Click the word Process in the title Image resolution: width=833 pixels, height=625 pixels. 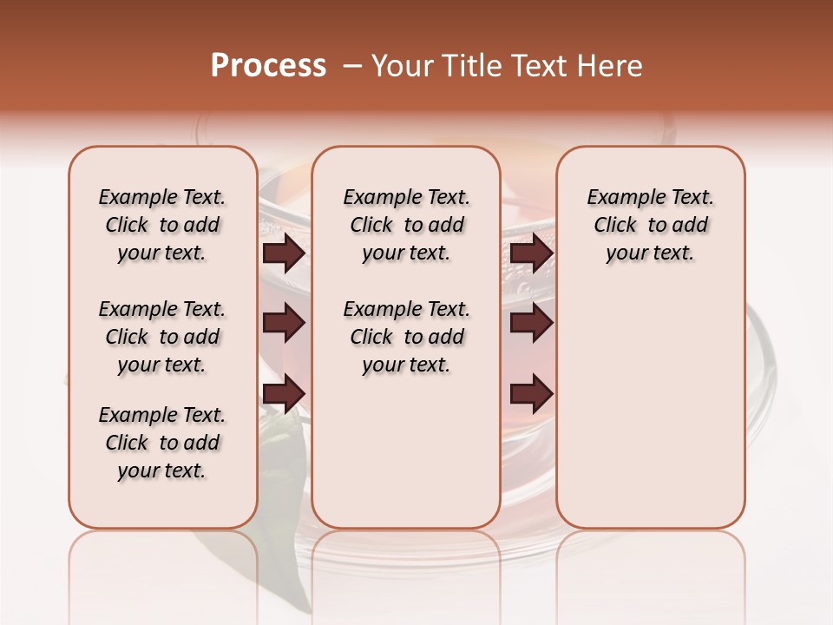[x=268, y=66]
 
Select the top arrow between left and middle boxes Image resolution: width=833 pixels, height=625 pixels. [x=284, y=253]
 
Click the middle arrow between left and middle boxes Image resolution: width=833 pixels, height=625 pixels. [x=284, y=323]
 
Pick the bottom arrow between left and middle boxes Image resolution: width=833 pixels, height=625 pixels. [x=284, y=393]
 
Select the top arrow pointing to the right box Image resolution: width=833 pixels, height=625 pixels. [x=531, y=253]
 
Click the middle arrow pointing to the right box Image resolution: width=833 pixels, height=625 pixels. [x=531, y=323]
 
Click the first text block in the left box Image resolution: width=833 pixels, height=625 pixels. [x=162, y=225]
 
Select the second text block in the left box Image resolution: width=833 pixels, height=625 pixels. [x=162, y=337]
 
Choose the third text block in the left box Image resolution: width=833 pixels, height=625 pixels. [x=162, y=443]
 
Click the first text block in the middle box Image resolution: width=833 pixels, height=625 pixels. [x=406, y=225]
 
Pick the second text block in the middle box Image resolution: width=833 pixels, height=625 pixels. [x=406, y=337]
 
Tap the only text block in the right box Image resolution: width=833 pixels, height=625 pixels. [x=650, y=225]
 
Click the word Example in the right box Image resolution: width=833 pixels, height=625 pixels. [x=618, y=198]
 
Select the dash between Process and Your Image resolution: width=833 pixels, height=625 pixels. [x=352, y=66]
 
